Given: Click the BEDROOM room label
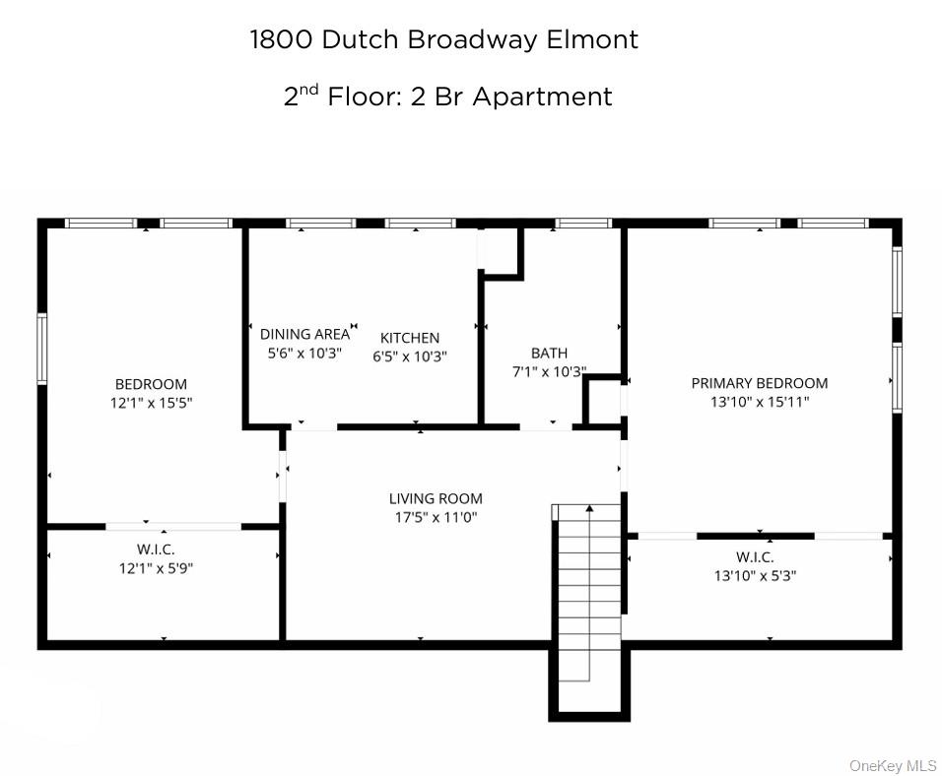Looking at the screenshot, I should (151, 384).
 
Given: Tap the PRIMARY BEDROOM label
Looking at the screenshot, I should (759, 383).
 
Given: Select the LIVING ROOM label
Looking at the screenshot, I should (436, 498).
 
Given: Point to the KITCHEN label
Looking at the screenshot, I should (410, 338).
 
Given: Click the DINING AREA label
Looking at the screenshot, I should (304, 334).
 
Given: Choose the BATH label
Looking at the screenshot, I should (549, 353).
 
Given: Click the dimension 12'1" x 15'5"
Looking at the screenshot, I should (151, 402).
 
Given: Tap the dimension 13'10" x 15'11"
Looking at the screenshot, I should (759, 402).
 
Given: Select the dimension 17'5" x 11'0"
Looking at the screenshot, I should (436, 517).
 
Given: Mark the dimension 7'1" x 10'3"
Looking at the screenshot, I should (549, 372).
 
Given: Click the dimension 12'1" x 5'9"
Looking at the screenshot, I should (156, 567).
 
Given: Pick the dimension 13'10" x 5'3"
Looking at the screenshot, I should (756, 575).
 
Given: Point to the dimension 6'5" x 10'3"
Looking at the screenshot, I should (410, 356).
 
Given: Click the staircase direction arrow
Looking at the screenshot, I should (589, 510).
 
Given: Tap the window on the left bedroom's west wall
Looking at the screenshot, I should (41, 348).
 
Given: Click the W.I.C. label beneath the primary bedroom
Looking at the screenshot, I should (756, 556).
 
